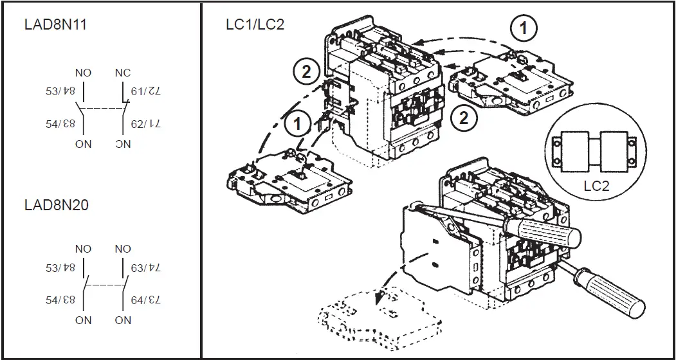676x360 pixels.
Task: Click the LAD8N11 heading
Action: (55, 25)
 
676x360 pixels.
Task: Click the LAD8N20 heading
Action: (55, 206)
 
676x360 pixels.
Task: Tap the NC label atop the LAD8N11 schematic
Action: (122, 73)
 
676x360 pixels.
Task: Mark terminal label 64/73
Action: (145, 300)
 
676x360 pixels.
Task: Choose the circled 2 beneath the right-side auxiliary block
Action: (463, 118)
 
